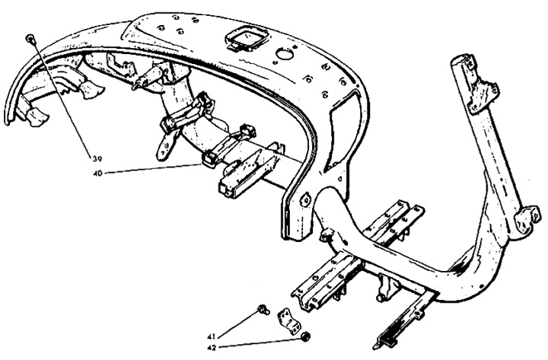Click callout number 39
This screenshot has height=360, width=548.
coord(97,159)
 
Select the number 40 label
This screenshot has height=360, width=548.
coord(97,173)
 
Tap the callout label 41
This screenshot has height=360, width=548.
coord(211,336)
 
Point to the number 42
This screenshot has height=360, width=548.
coord(212,347)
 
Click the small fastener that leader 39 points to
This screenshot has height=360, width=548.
coord(30,39)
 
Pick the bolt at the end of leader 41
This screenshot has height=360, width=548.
coord(263,309)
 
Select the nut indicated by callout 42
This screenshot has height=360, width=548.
coord(306,336)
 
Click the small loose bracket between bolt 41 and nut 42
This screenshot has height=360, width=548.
coord(289,321)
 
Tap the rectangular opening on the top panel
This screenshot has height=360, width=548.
coord(247,38)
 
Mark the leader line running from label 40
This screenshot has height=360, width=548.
coord(153,168)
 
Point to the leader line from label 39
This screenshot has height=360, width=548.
coord(64,99)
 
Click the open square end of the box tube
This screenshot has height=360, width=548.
coord(225,188)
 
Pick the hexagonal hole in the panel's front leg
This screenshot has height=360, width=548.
coord(306,199)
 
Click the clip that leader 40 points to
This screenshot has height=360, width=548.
coord(210,159)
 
